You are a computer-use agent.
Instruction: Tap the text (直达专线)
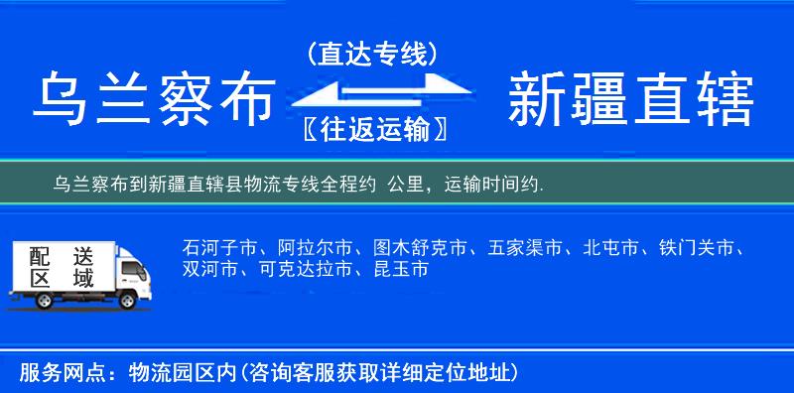370,55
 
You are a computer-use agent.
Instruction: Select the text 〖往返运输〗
370,131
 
